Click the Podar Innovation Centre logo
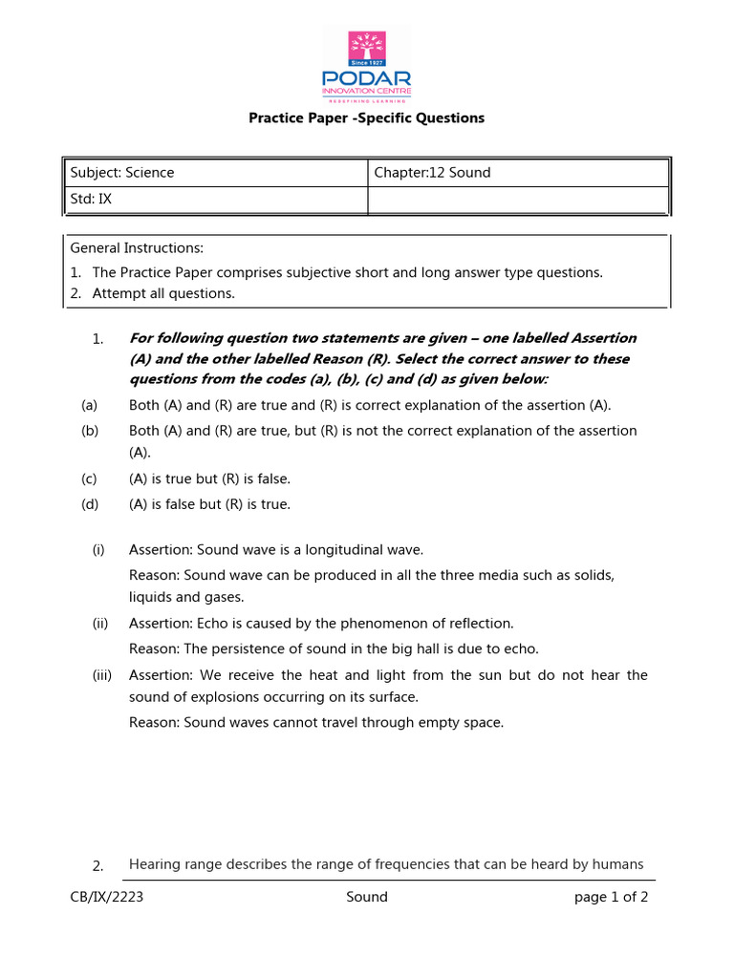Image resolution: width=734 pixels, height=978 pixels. pyautogui.click(x=367, y=66)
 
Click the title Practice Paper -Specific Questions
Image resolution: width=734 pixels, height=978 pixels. pyautogui.click(x=367, y=118)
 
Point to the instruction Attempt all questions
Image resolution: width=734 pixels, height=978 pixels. pyautogui.click(x=162, y=293)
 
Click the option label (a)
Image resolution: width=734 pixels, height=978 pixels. pyautogui.click(x=90, y=405)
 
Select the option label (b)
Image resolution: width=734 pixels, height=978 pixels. pyautogui.click(x=90, y=431)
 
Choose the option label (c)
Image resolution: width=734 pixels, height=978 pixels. pyautogui.click(x=90, y=478)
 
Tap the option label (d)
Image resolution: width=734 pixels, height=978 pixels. pyautogui.click(x=90, y=504)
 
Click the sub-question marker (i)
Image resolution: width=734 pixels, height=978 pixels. pyautogui.click(x=98, y=550)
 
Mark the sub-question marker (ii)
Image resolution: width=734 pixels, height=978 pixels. pyautogui.click(x=100, y=624)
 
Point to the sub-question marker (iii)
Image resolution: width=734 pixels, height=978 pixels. pyautogui.click(x=102, y=675)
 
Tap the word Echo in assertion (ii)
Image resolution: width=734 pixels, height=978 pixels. pyautogui.click(x=213, y=624)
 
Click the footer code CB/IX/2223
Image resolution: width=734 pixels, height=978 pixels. pyautogui.click(x=107, y=897)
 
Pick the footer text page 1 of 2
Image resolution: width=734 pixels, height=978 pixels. pyautogui.click(x=611, y=897)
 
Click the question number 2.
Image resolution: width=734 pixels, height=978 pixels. pyautogui.click(x=97, y=866)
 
